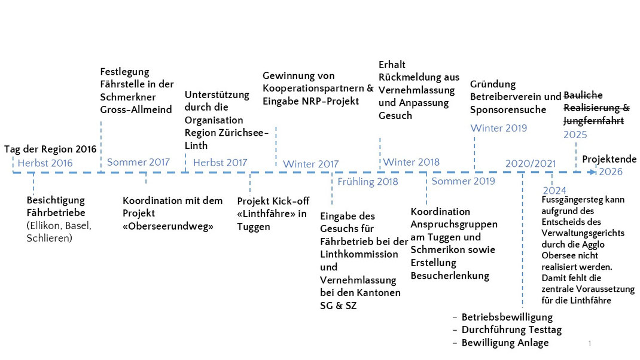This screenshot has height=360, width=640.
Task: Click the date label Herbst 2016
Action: pos(45,163)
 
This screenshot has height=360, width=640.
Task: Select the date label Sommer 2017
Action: pos(138,162)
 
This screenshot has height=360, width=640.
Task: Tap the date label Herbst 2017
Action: pos(220,163)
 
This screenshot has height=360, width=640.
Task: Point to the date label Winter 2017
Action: pos(310,164)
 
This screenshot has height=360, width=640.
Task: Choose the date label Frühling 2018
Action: pos(368,182)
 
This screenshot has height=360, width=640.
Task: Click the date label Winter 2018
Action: pos(412,162)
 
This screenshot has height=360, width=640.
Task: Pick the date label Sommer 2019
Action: pos(464,181)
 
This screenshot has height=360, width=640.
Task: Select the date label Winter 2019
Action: pos(499,128)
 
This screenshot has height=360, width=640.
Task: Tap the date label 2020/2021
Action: pos(531,164)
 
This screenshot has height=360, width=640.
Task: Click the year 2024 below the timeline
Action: pos(554,190)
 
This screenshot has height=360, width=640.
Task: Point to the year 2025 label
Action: pos(575,135)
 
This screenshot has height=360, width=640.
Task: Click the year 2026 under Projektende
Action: pos(611,172)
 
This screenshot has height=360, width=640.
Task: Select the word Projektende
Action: pos(609,159)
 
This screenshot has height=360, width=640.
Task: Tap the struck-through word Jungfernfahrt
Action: pos(594,121)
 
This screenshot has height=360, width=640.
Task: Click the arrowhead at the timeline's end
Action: pos(592,172)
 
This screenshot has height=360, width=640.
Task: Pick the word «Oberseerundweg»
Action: pos(167,226)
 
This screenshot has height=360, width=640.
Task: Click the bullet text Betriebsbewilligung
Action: pos(507,317)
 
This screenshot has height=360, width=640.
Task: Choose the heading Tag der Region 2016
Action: pos(50,149)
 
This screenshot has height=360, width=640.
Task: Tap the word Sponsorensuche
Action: pos(508,110)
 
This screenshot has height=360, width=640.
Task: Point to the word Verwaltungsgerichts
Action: pos(583,233)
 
